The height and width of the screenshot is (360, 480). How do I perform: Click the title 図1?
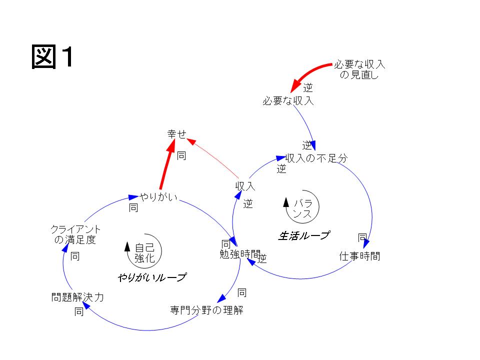(53, 57)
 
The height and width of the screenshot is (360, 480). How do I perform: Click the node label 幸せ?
(176, 134)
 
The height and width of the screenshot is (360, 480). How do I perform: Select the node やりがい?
(158, 196)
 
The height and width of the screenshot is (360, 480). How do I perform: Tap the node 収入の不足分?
(316, 158)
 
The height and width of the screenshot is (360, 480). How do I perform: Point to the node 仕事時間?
(359, 256)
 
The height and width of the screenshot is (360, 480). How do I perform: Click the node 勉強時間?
(240, 254)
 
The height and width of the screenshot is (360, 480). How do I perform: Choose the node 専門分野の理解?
(206, 310)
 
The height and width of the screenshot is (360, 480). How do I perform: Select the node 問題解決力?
(77, 297)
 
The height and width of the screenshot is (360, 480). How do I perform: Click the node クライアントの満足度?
(75, 234)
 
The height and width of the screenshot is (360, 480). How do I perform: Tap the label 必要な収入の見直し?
(359, 70)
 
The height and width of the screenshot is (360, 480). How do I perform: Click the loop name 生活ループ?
(303, 235)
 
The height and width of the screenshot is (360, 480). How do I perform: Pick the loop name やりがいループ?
(152, 277)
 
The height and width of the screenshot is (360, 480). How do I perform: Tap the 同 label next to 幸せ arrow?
(181, 156)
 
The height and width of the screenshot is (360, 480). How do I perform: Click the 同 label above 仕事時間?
(362, 237)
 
